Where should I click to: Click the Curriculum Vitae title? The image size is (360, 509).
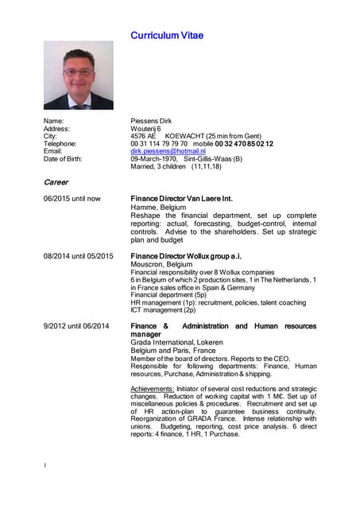tap(167, 35)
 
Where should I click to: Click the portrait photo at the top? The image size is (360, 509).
tap(78, 76)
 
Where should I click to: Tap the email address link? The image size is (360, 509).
tap(168, 151)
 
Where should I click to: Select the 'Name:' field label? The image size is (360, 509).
tap(53, 121)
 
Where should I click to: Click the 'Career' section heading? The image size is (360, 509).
tap(56, 182)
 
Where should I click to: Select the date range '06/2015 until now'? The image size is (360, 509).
tap(72, 199)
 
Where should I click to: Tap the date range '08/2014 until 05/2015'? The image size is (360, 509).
tap(79, 256)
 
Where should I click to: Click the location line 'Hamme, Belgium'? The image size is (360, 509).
tap(158, 208)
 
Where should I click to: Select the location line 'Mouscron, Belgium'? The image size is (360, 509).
tap(161, 264)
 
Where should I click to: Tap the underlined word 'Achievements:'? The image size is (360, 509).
tap(152, 389)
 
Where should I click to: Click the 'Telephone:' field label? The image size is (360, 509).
tap(60, 144)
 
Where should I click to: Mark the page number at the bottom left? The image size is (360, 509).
tap(45, 465)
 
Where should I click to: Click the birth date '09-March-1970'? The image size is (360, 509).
tap(154, 159)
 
